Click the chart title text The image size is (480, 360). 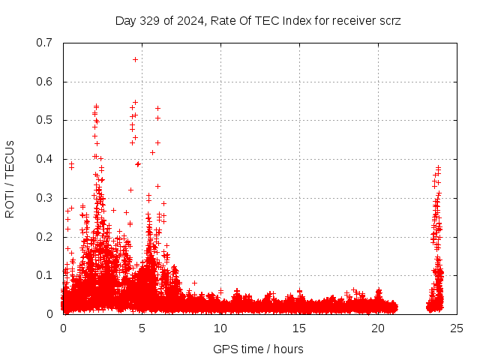pyautogui.click(x=258, y=20)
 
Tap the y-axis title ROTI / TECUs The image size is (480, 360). pyautogui.click(x=10, y=178)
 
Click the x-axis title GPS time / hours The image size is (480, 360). pyautogui.click(x=258, y=349)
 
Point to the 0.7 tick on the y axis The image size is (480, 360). pyautogui.click(x=46, y=43)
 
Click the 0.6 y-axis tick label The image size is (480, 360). pyautogui.click(x=46, y=82)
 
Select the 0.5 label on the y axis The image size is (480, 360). pyautogui.click(x=46, y=120)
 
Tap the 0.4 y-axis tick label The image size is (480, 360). pyautogui.click(x=46, y=159)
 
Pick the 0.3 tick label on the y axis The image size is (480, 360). pyautogui.click(x=46, y=198)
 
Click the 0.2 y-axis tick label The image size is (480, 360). pyautogui.click(x=46, y=237)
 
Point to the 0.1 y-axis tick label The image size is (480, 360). pyautogui.click(x=46, y=275)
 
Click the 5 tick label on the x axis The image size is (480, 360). pyautogui.click(x=142, y=328)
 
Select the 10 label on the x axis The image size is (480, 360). pyautogui.click(x=220, y=328)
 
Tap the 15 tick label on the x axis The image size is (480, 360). pyautogui.click(x=299, y=328)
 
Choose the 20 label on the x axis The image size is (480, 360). pyautogui.click(x=378, y=328)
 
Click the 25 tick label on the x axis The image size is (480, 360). pyautogui.click(x=457, y=328)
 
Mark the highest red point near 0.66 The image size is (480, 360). pyautogui.click(x=135, y=59)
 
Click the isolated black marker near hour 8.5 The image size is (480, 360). pyautogui.click(x=194, y=283)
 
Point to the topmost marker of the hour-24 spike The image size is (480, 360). pyautogui.click(x=438, y=167)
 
